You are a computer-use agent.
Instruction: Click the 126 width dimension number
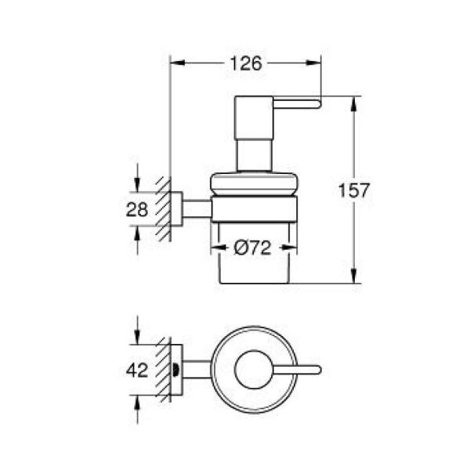[x=244, y=64]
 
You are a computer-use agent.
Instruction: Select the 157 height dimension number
[x=353, y=190]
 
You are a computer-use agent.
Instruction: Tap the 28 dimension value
[x=138, y=209]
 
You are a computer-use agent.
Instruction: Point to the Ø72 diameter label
[x=253, y=249]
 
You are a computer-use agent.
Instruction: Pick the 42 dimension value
[x=138, y=371]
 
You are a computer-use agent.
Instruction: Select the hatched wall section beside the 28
[x=163, y=209]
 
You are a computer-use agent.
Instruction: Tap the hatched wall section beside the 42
[x=163, y=371]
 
